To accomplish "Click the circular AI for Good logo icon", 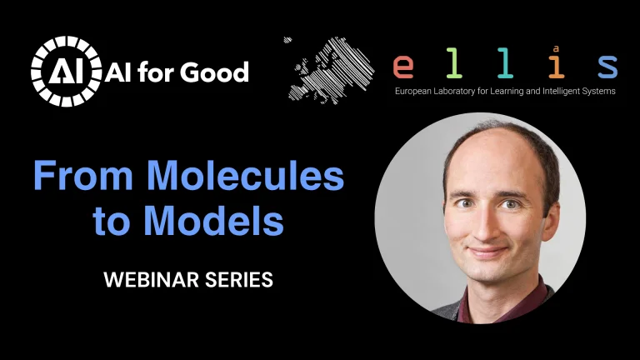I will pos(64,71).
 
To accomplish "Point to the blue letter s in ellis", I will pos(607,66).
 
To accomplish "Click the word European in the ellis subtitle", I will pos(415,91).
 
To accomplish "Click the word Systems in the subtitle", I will pos(602,91).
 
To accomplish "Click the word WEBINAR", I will pos(148,280).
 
